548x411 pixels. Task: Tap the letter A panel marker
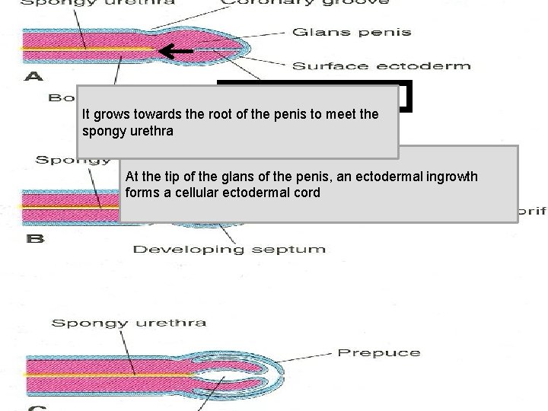(x=35, y=76)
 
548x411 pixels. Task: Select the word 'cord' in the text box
(x=307, y=193)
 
